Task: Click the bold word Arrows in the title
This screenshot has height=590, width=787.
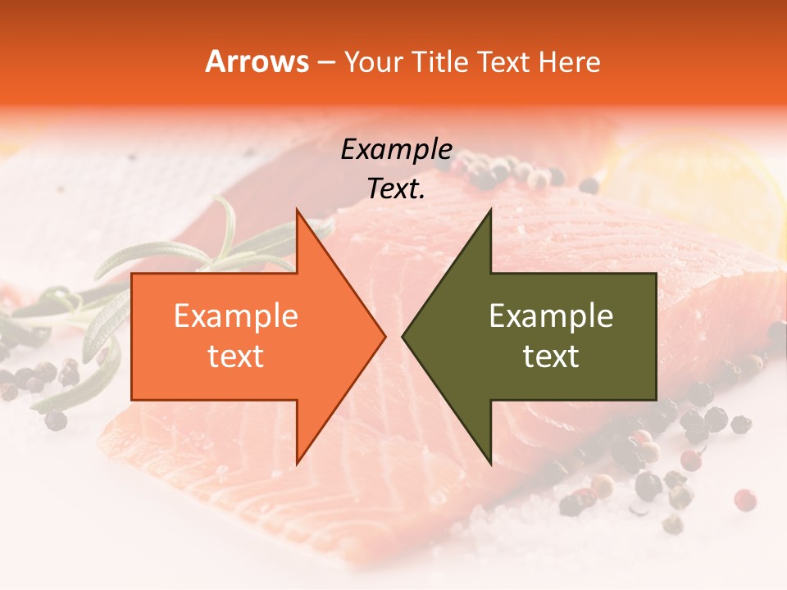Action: pos(257,62)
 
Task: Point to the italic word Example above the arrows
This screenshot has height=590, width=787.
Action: pos(396,150)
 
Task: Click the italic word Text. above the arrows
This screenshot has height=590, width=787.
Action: pos(396,189)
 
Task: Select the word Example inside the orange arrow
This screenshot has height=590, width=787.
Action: pos(236,316)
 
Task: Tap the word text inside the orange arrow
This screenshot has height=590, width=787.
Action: pos(236,356)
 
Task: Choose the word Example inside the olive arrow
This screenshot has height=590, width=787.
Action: pos(551,316)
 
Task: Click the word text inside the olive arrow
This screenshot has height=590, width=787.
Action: pos(551,356)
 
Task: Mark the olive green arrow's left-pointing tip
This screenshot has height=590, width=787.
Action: pos(404,336)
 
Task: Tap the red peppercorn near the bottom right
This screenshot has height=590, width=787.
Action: pos(744,499)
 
